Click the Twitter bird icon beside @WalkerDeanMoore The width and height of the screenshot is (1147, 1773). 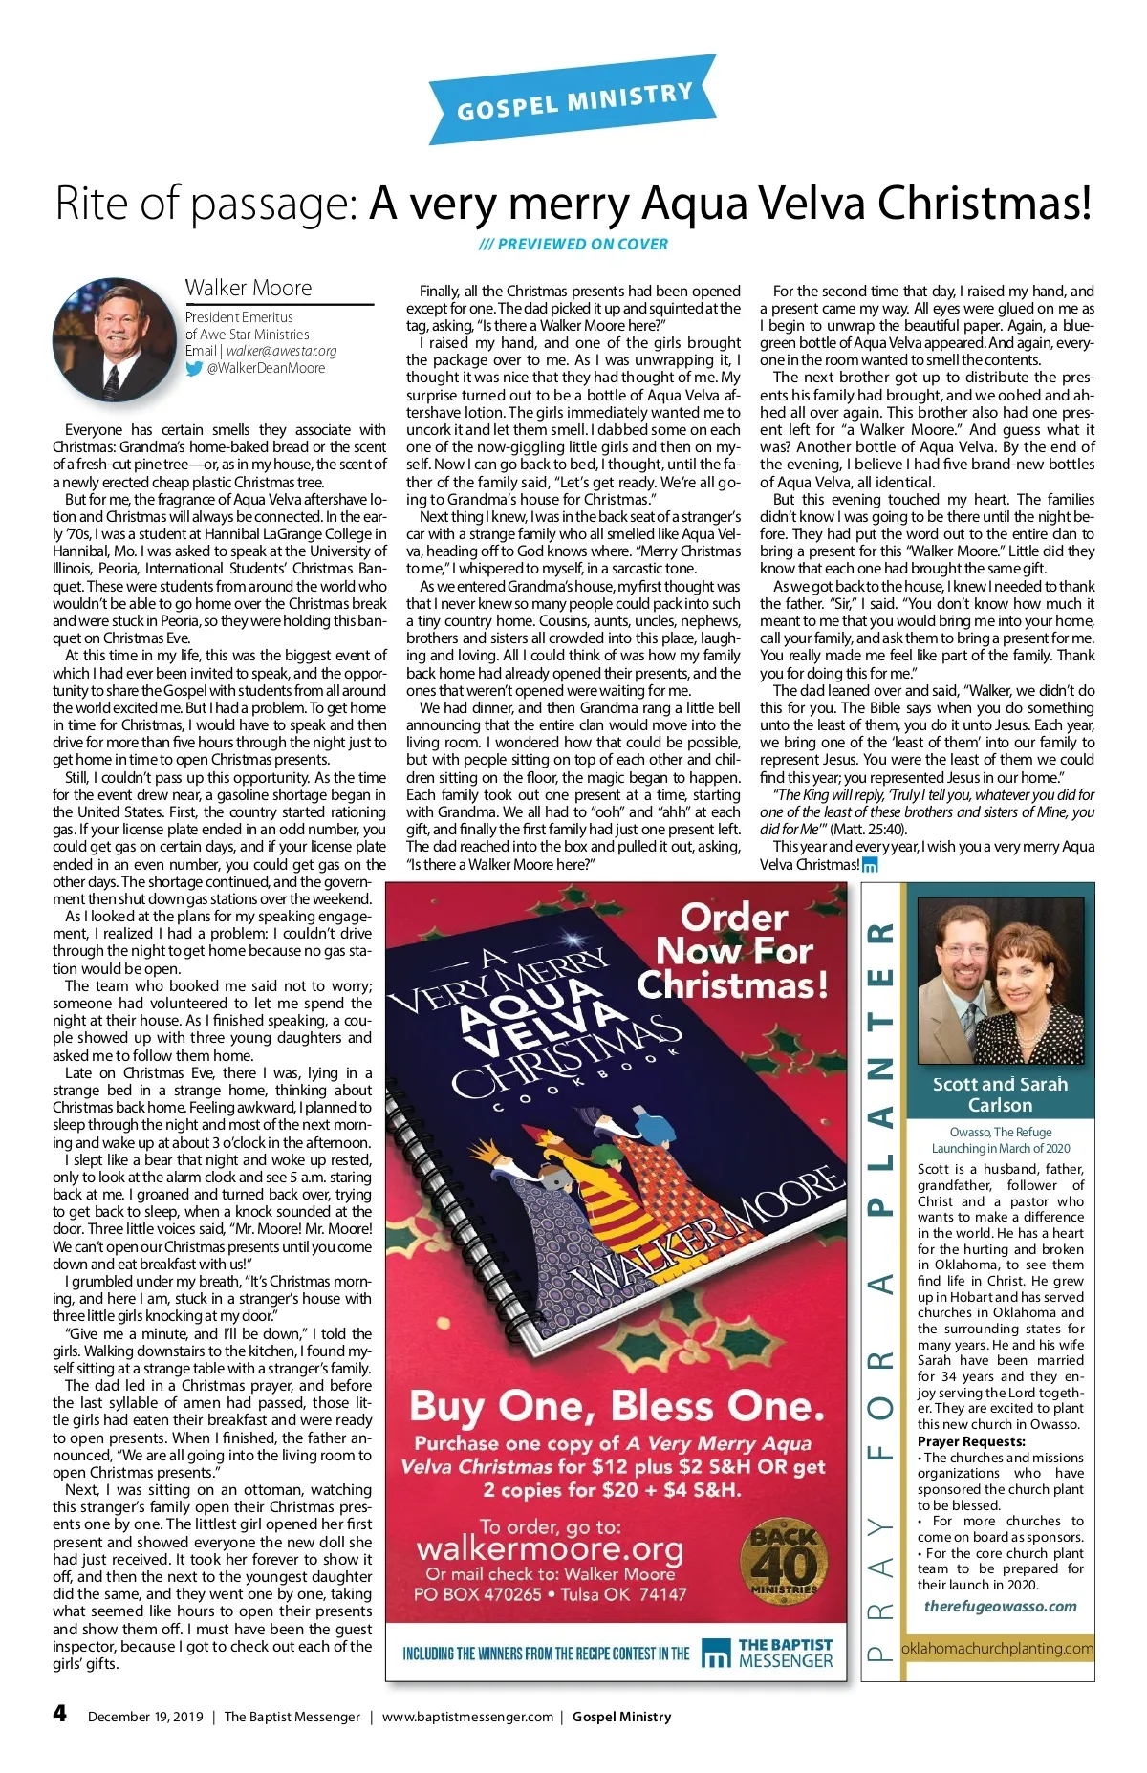[x=194, y=368]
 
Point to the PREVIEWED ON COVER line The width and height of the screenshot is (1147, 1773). [x=573, y=244]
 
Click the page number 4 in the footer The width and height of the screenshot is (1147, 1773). [x=60, y=1712]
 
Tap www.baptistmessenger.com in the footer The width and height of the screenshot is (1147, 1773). [x=467, y=1717]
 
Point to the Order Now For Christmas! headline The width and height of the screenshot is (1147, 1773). [x=733, y=951]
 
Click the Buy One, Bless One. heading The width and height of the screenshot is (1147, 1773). [x=617, y=1406]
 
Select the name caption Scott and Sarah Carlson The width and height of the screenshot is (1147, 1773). [x=1000, y=1094]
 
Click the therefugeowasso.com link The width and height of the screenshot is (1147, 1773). [x=1000, y=1607]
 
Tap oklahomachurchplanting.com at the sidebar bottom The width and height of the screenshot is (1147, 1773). [x=997, y=1648]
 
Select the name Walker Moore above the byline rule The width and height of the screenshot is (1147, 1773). [x=249, y=288]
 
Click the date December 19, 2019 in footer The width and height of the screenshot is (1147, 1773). [x=145, y=1717]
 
